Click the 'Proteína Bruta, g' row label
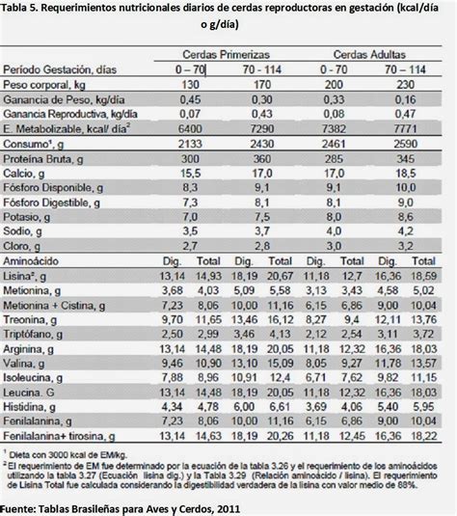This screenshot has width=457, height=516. (44, 156)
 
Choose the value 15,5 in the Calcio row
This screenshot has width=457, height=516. (191, 171)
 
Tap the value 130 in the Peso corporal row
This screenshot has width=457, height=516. (191, 84)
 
